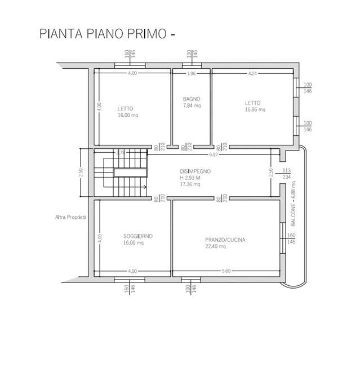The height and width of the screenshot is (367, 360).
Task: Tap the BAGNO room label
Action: tap(192, 99)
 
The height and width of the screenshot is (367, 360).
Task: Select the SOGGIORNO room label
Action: tap(138, 236)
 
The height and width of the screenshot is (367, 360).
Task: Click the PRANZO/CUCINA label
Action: tap(225, 240)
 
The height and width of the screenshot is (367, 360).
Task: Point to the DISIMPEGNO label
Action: tap(194, 171)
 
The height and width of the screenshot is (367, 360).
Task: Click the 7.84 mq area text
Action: tap(192, 105)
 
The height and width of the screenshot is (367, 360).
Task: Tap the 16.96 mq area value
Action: tap(253, 109)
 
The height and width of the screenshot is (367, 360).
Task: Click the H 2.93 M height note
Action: tap(190, 178)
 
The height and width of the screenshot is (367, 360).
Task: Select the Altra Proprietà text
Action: tap(71, 217)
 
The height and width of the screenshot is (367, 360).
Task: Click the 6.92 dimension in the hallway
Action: tap(213, 154)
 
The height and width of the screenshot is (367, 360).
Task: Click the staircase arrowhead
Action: tap(145, 187)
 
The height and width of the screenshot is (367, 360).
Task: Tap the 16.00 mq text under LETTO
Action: tap(128, 115)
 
